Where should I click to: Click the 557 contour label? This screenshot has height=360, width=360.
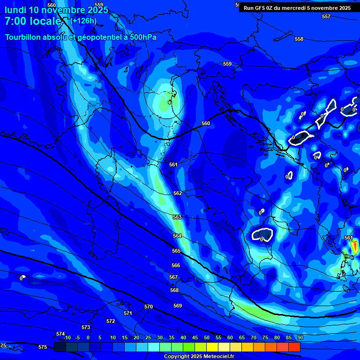tap(326, 16)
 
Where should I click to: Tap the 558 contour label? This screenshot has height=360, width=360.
tap(299, 39)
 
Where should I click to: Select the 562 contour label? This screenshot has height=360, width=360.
tap(178, 193)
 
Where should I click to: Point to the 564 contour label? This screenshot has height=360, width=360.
tap(177, 236)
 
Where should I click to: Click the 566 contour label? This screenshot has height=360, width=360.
tap(176, 265)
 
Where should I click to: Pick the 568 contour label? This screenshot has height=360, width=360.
tap(174, 290)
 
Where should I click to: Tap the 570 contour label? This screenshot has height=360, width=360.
tap(149, 307)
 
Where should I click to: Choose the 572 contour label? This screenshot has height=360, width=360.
tap(111, 321)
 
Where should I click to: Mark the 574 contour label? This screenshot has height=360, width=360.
tap(60, 334)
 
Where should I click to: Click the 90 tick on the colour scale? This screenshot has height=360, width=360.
tap(300, 337)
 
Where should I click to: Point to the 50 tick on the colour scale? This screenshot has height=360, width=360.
tap(207, 337)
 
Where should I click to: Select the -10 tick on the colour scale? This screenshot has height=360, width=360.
tap(67, 337)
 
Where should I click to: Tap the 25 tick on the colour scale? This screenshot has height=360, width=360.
tap(148, 337)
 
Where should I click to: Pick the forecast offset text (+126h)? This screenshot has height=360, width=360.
tap(83, 21)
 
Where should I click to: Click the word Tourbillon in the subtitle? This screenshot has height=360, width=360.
tap(24, 37)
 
